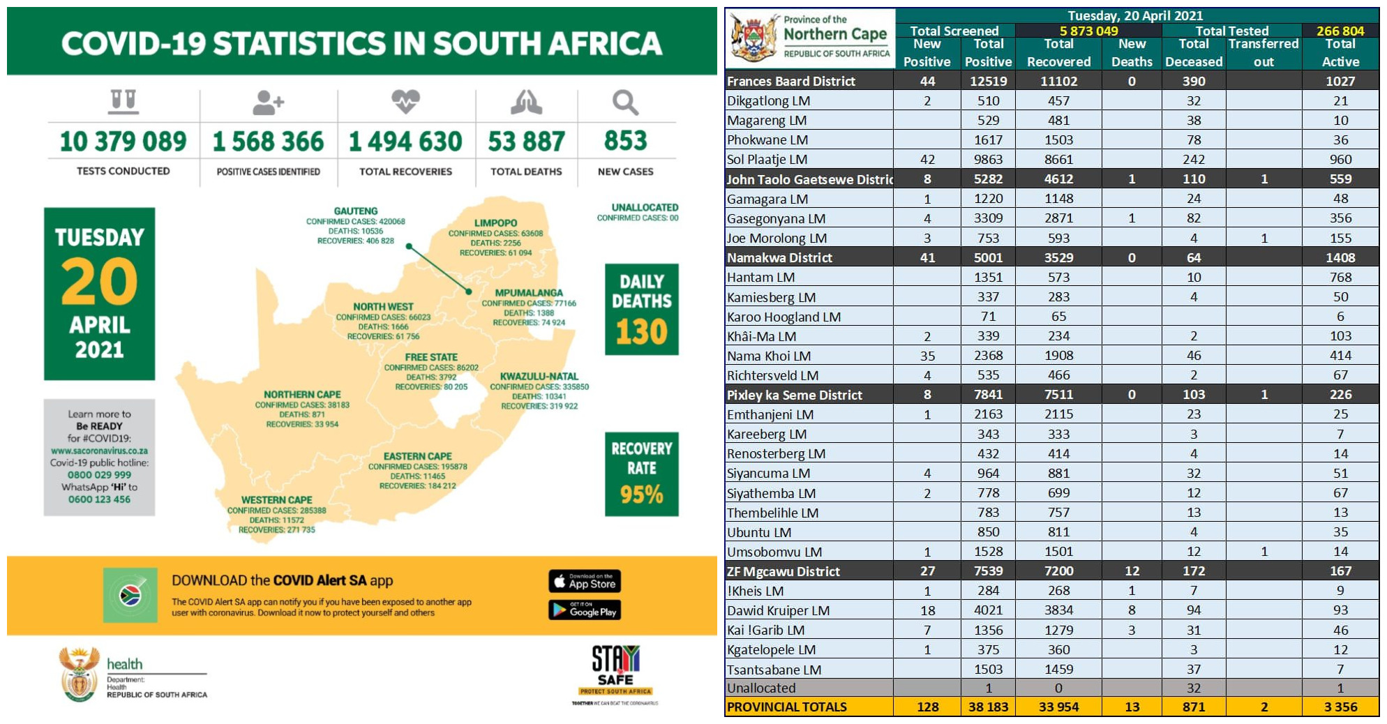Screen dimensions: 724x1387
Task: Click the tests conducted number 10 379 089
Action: (x=123, y=142)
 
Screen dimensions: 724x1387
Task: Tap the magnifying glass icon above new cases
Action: (x=625, y=103)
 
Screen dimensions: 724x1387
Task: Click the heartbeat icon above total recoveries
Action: (x=405, y=102)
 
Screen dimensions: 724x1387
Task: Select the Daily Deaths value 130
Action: (x=641, y=332)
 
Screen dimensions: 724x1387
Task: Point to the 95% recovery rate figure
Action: (x=641, y=495)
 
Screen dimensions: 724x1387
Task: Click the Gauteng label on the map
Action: (x=356, y=211)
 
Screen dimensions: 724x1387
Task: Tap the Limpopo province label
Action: (x=495, y=223)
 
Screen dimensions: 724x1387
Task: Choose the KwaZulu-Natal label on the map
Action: (x=539, y=377)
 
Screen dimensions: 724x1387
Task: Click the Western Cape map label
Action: (x=276, y=500)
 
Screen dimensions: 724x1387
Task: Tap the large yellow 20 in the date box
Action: (x=99, y=282)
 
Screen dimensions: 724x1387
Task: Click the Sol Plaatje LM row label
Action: (x=767, y=160)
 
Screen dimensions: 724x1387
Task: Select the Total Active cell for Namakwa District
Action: (x=1340, y=258)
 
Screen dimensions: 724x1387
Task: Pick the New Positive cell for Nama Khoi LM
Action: (x=927, y=356)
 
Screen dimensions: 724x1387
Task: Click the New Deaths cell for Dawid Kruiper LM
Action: (x=1131, y=610)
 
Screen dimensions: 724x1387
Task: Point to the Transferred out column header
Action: (x=1263, y=53)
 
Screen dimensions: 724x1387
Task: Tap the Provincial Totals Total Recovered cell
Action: (x=1058, y=707)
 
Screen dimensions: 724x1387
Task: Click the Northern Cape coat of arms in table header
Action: (x=754, y=39)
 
